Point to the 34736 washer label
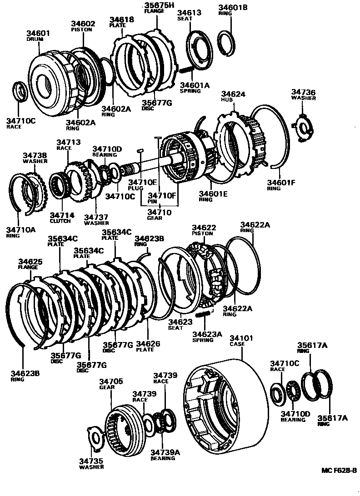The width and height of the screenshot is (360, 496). click(303, 94)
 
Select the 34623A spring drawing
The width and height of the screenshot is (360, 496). click(202, 314)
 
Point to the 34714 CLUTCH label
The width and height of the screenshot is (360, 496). click(60, 218)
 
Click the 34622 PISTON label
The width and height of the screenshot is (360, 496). click(203, 230)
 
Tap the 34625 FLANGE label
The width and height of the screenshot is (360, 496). click(30, 264)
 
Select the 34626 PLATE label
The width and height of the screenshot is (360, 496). click(149, 346)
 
